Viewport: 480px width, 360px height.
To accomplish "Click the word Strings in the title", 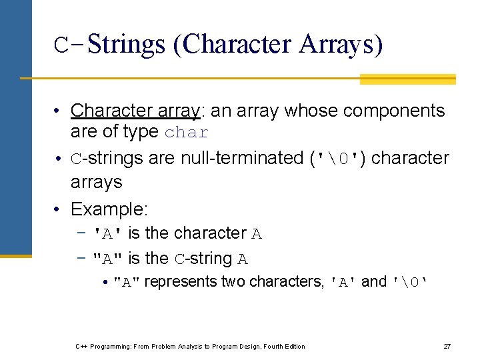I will [125, 45].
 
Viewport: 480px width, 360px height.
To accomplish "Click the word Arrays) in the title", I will [341, 45].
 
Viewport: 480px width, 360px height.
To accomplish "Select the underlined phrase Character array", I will [136, 110].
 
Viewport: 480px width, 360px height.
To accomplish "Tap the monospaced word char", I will [187, 133].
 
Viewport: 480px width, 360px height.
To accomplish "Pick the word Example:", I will [109, 209].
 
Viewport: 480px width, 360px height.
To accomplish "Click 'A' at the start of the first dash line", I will [109, 234].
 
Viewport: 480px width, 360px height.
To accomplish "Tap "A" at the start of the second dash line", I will [109, 259].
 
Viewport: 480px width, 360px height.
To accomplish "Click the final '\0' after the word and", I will [409, 283].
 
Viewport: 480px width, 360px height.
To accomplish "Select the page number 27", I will [447, 346].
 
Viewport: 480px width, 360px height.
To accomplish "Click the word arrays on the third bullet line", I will [96, 181].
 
